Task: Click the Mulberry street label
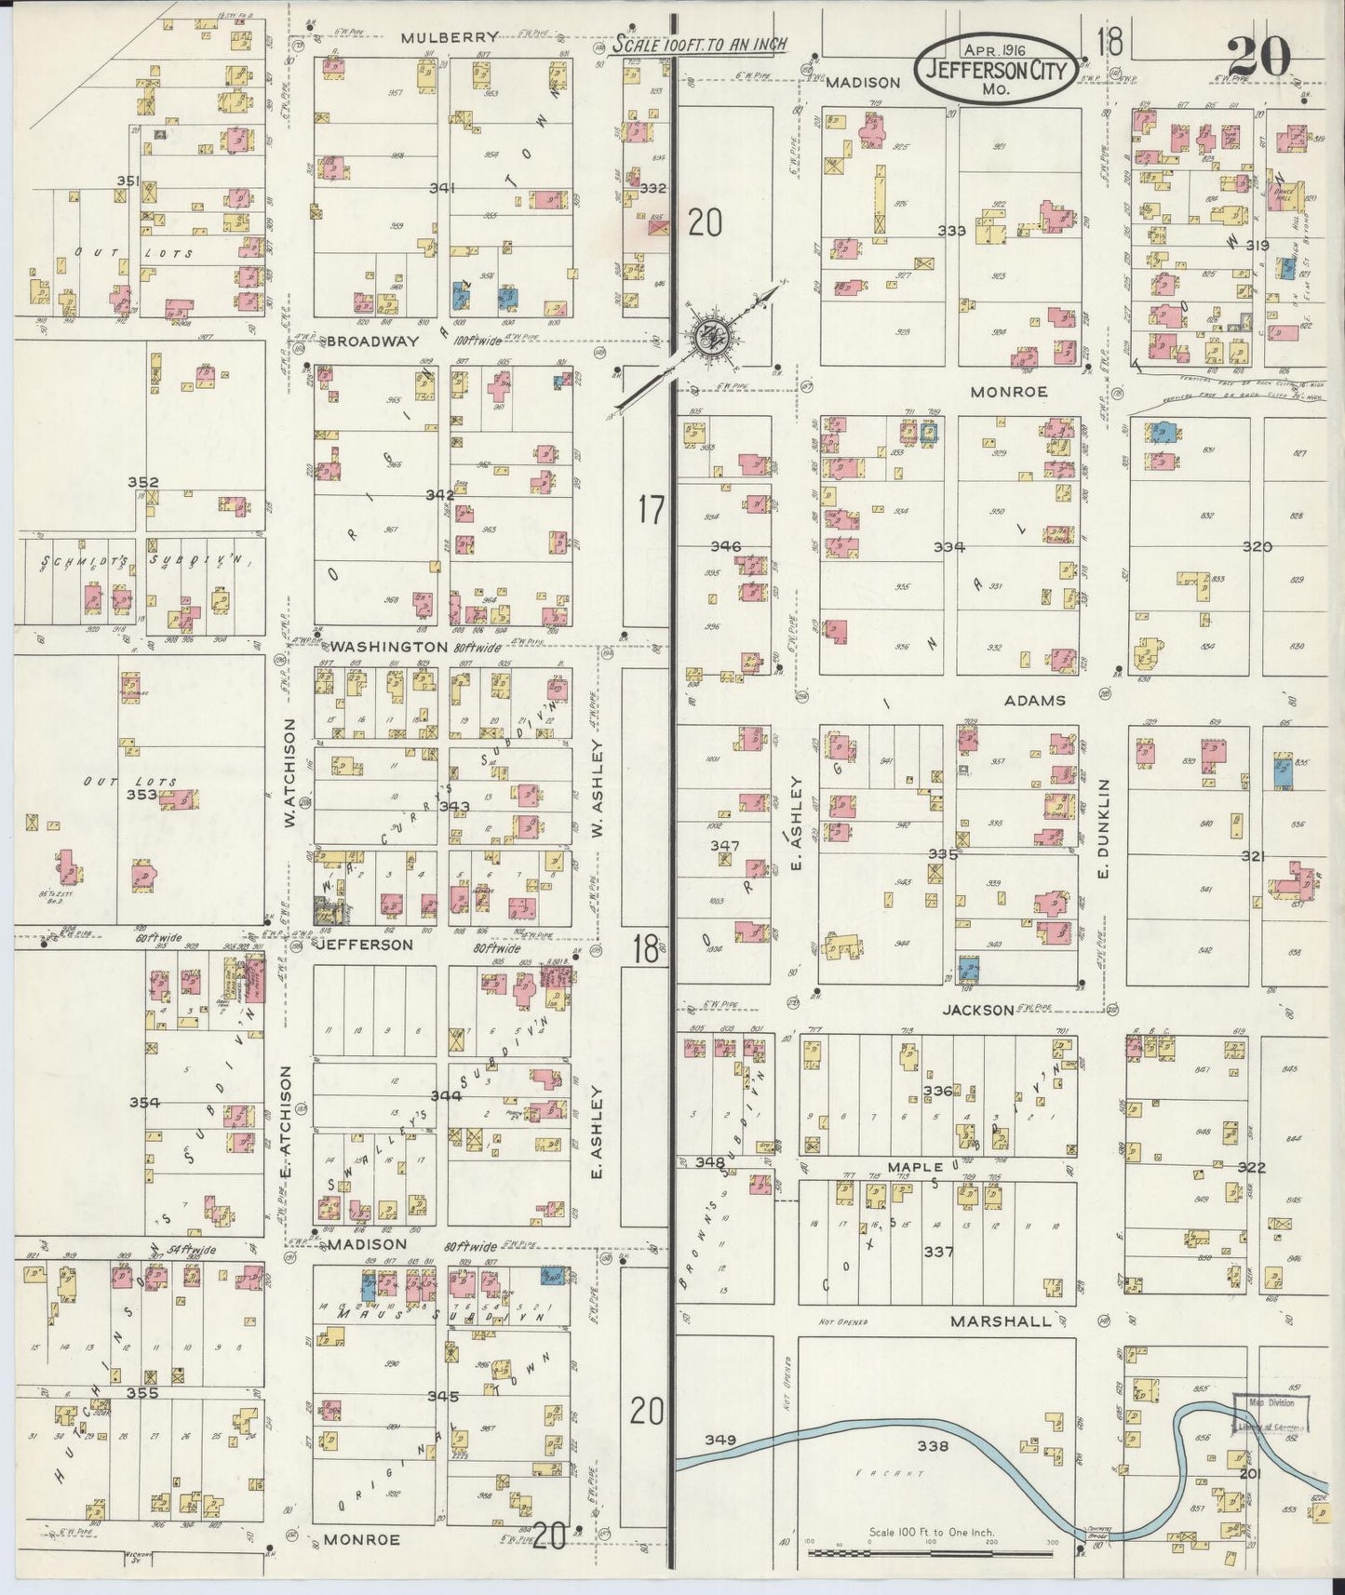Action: click(x=450, y=37)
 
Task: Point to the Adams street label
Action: click(x=1034, y=700)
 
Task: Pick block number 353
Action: click(x=141, y=795)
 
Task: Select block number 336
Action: click(x=937, y=1091)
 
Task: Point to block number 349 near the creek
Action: click(x=720, y=1440)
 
